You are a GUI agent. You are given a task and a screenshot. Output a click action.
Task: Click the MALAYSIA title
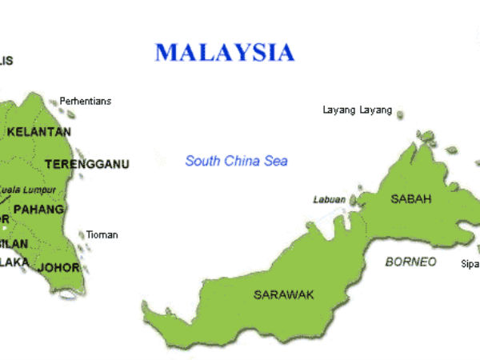(x=225, y=53)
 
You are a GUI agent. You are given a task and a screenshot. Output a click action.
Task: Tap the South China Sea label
(x=236, y=161)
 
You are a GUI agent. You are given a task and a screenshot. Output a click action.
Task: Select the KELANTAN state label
(x=38, y=131)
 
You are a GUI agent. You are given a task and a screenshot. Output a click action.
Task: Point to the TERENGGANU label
(x=86, y=164)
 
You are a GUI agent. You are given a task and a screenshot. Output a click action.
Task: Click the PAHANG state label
(x=38, y=210)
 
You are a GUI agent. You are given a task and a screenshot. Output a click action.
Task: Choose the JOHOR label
(x=58, y=267)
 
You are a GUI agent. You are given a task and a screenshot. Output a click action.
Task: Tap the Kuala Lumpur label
(x=28, y=190)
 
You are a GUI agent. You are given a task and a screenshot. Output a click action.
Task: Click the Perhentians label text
(x=86, y=102)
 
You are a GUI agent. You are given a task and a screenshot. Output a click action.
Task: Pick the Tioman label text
(x=102, y=234)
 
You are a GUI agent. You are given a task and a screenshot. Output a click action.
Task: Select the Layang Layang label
(x=357, y=110)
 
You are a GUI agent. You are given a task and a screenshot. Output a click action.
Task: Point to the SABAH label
(x=411, y=198)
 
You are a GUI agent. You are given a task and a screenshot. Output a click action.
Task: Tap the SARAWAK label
(x=284, y=294)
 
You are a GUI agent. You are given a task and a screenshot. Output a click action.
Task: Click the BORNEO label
(x=410, y=262)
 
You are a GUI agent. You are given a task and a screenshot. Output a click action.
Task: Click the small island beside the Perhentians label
(x=54, y=102)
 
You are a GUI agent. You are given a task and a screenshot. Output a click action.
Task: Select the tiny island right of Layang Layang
(x=400, y=114)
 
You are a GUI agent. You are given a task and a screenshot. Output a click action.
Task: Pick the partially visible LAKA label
(x=14, y=262)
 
